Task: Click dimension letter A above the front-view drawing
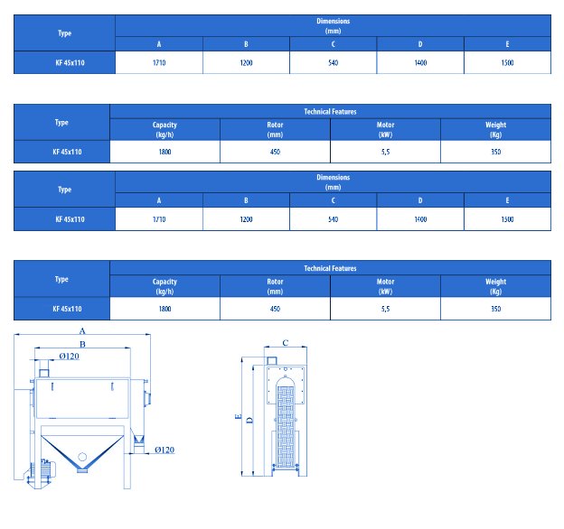click(82, 330)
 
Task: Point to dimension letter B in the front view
click(82, 344)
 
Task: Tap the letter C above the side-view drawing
click(286, 343)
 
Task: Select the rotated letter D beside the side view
click(250, 420)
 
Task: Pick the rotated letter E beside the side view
click(238, 416)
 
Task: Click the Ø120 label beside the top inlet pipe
click(69, 356)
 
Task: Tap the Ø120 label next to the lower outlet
click(164, 450)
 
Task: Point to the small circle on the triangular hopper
click(82, 457)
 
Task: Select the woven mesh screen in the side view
click(286, 427)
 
